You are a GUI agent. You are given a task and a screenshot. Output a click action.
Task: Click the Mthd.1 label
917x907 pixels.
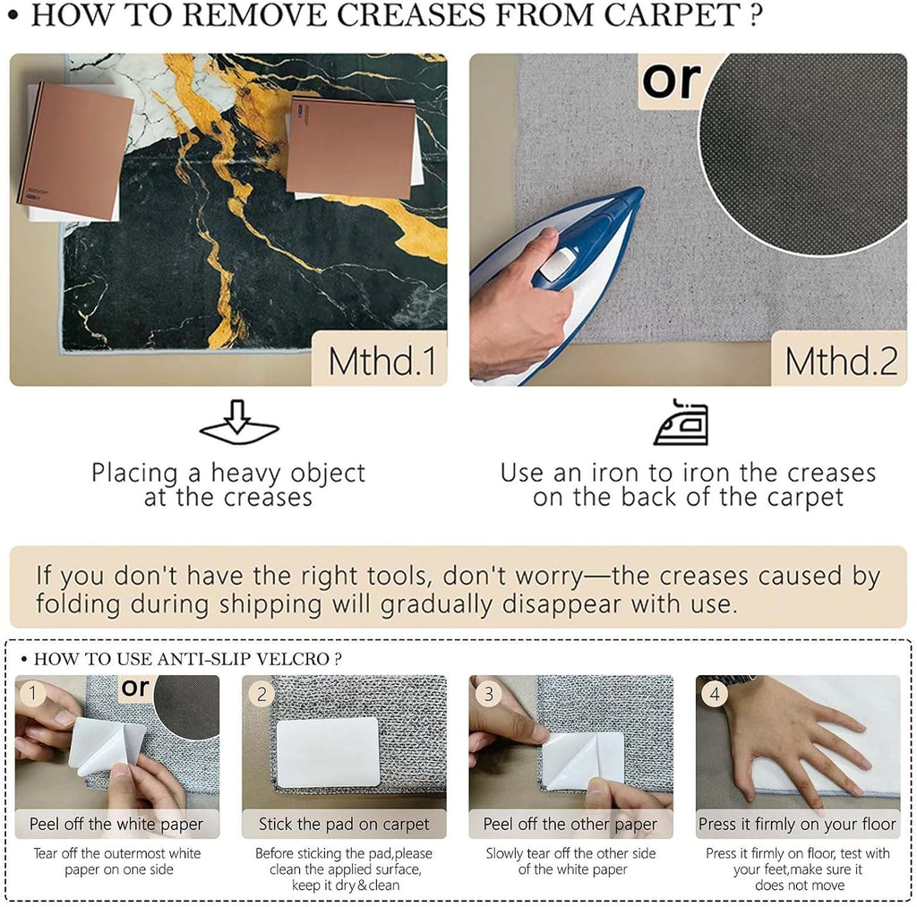pos(382,361)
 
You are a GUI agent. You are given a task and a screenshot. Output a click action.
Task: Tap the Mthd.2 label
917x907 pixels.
pos(841,361)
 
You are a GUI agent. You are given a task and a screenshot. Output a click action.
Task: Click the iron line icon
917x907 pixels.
pos(681,423)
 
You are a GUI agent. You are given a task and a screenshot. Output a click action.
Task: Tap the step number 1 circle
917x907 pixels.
pos(33,694)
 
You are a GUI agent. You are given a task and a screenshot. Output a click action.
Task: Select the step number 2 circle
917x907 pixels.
pos(261,694)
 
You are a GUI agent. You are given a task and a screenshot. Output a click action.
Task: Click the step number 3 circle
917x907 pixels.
pos(488,694)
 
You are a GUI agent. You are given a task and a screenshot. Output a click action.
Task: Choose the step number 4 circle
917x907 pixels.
pos(715,694)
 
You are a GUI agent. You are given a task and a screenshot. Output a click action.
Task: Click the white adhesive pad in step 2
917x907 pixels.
pos(328,753)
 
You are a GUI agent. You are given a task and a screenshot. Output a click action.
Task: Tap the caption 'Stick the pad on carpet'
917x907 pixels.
pos(344,824)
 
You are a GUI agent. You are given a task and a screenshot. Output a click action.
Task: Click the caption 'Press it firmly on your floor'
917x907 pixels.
pos(797,824)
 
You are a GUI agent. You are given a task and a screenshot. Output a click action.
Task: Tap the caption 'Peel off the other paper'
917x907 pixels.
pos(570,824)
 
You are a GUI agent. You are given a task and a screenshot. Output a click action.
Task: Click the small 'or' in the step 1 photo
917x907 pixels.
pos(135,688)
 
